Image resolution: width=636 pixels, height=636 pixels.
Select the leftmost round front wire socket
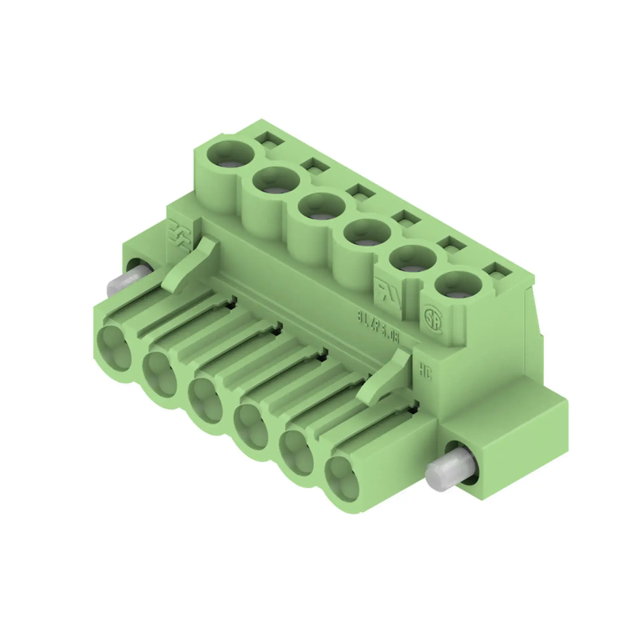114,349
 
